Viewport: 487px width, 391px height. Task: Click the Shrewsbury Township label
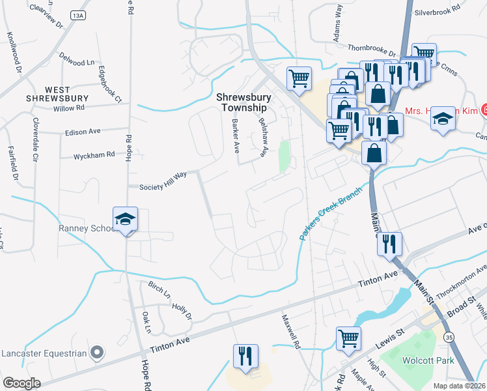[x=242, y=102]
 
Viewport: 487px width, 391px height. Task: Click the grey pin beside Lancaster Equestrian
[x=97, y=353]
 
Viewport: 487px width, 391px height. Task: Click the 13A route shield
[x=79, y=15]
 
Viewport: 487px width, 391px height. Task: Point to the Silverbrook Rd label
[x=437, y=12]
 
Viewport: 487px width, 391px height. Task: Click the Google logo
[x=21, y=383]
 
